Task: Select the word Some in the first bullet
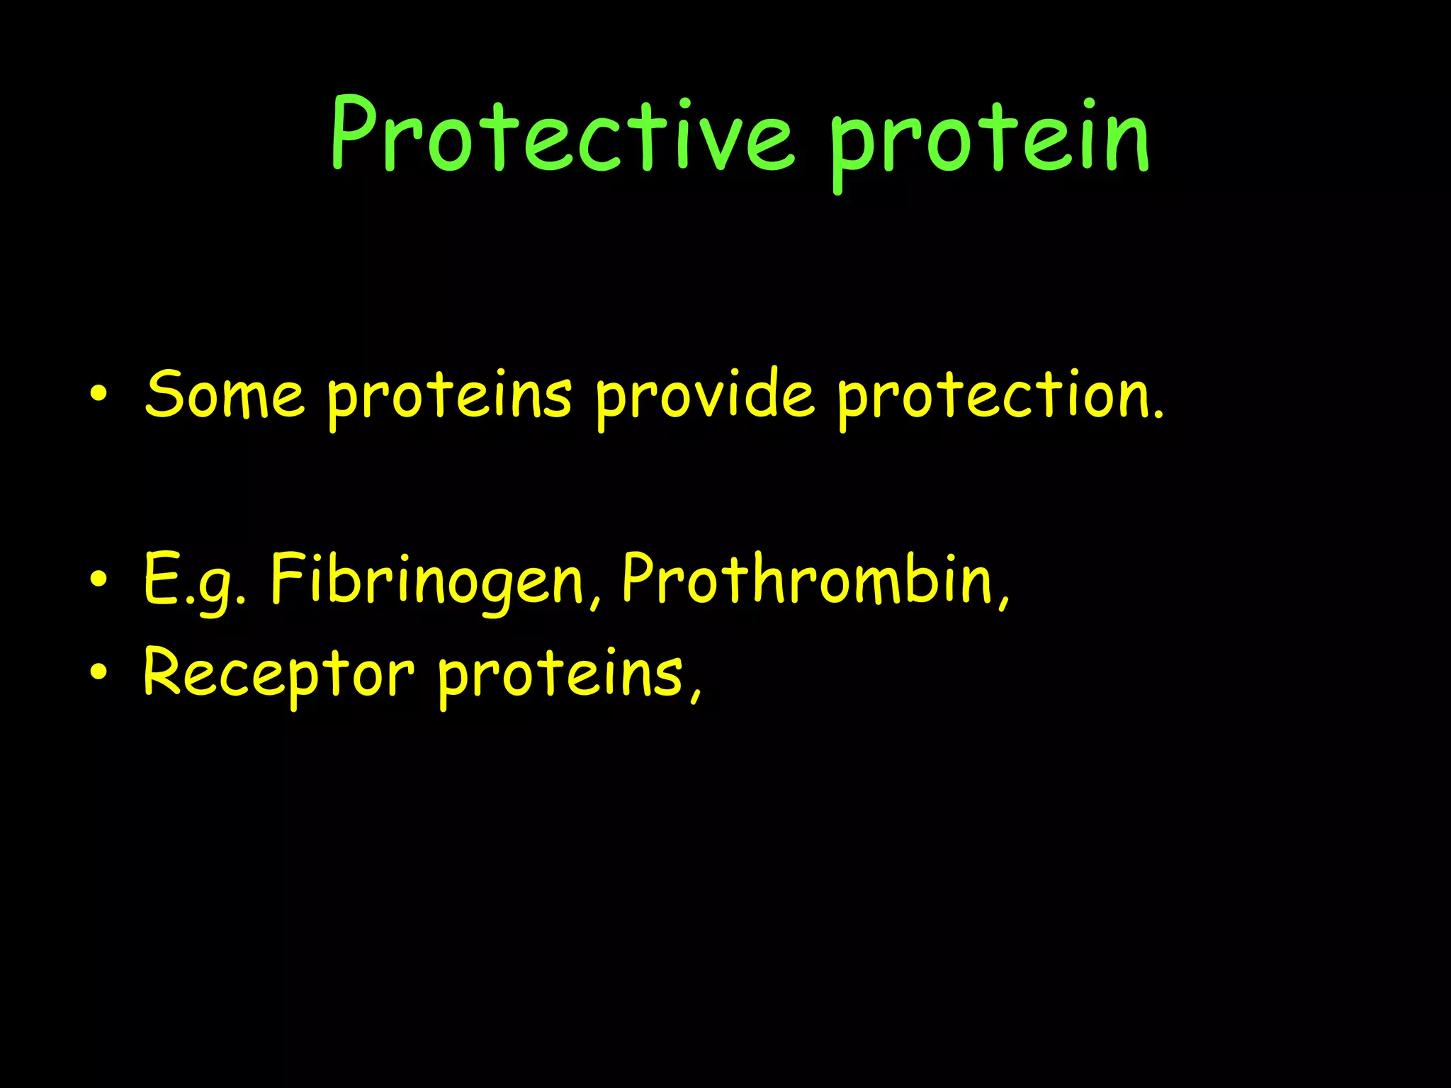point(224,395)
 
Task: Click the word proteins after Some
point(449,398)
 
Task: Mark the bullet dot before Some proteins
point(98,394)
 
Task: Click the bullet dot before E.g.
point(98,579)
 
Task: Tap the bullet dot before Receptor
point(98,673)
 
